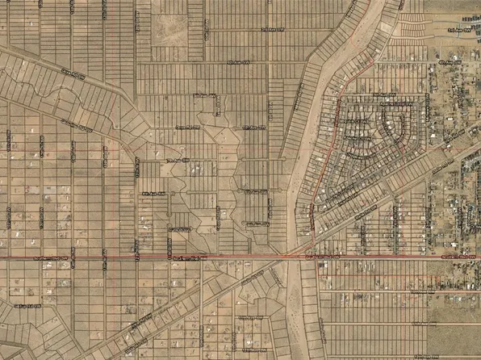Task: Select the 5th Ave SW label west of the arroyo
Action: pyautogui.click(x=208, y=94)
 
